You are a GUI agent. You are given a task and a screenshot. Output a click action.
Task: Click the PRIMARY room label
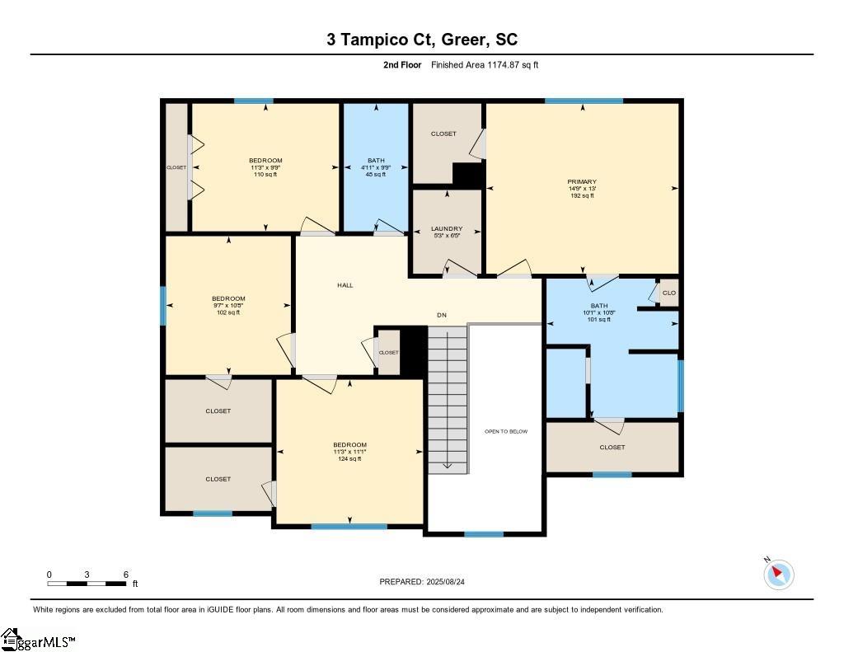click(582, 182)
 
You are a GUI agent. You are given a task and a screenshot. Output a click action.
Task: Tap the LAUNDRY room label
click(447, 228)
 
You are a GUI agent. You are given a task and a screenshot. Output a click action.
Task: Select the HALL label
click(345, 285)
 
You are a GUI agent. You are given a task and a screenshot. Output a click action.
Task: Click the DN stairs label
click(442, 315)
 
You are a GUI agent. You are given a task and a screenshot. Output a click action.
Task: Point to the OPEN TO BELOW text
click(506, 431)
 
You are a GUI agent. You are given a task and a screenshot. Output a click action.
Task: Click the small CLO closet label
click(668, 293)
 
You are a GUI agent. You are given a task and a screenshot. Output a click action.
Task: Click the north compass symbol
click(777, 574)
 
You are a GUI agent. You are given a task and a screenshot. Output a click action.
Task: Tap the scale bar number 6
click(125, 575)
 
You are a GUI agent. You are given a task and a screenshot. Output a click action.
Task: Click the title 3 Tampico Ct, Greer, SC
click(422, 40)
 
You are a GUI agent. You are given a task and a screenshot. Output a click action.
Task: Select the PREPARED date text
click(428, 582)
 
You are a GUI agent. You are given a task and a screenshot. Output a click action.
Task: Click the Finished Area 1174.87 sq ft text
click(485, 64)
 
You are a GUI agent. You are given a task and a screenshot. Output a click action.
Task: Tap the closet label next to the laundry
click(443, 134)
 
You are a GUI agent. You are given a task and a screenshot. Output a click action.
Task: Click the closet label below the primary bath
click(612, 448)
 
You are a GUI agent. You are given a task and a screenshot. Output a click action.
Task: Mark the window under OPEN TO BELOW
click(484, 534)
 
